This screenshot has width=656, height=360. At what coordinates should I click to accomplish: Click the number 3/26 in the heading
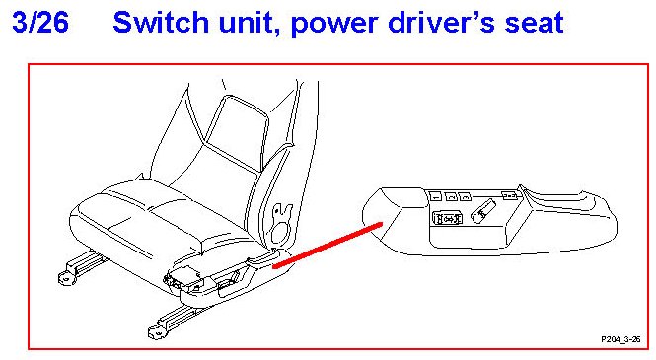[x=40, y=22]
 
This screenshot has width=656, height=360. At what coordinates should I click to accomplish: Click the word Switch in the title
[x=161, y=22]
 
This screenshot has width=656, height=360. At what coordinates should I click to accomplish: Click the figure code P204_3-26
[x=620, y=339]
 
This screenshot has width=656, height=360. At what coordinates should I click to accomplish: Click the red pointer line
[x=328, y=246]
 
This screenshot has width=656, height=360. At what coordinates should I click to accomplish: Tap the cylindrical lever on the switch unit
[x=483, y=211]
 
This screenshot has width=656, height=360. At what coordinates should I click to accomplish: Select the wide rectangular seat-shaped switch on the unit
[x=447, y=218]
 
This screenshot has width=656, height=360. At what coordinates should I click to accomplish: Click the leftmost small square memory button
[x=435, y=195]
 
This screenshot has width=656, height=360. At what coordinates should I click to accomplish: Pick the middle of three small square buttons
[x=451, y=196]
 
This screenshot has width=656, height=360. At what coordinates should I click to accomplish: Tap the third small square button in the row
[x=465, y=196]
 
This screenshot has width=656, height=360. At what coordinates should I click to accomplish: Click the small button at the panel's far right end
[x=510, y=195]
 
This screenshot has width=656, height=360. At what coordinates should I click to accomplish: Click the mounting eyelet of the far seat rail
[x=66, y=277]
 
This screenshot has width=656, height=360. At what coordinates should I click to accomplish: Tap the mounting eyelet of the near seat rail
[x=156, y=332]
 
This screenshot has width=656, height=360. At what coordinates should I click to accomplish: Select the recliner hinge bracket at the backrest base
[x=279, y=223]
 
